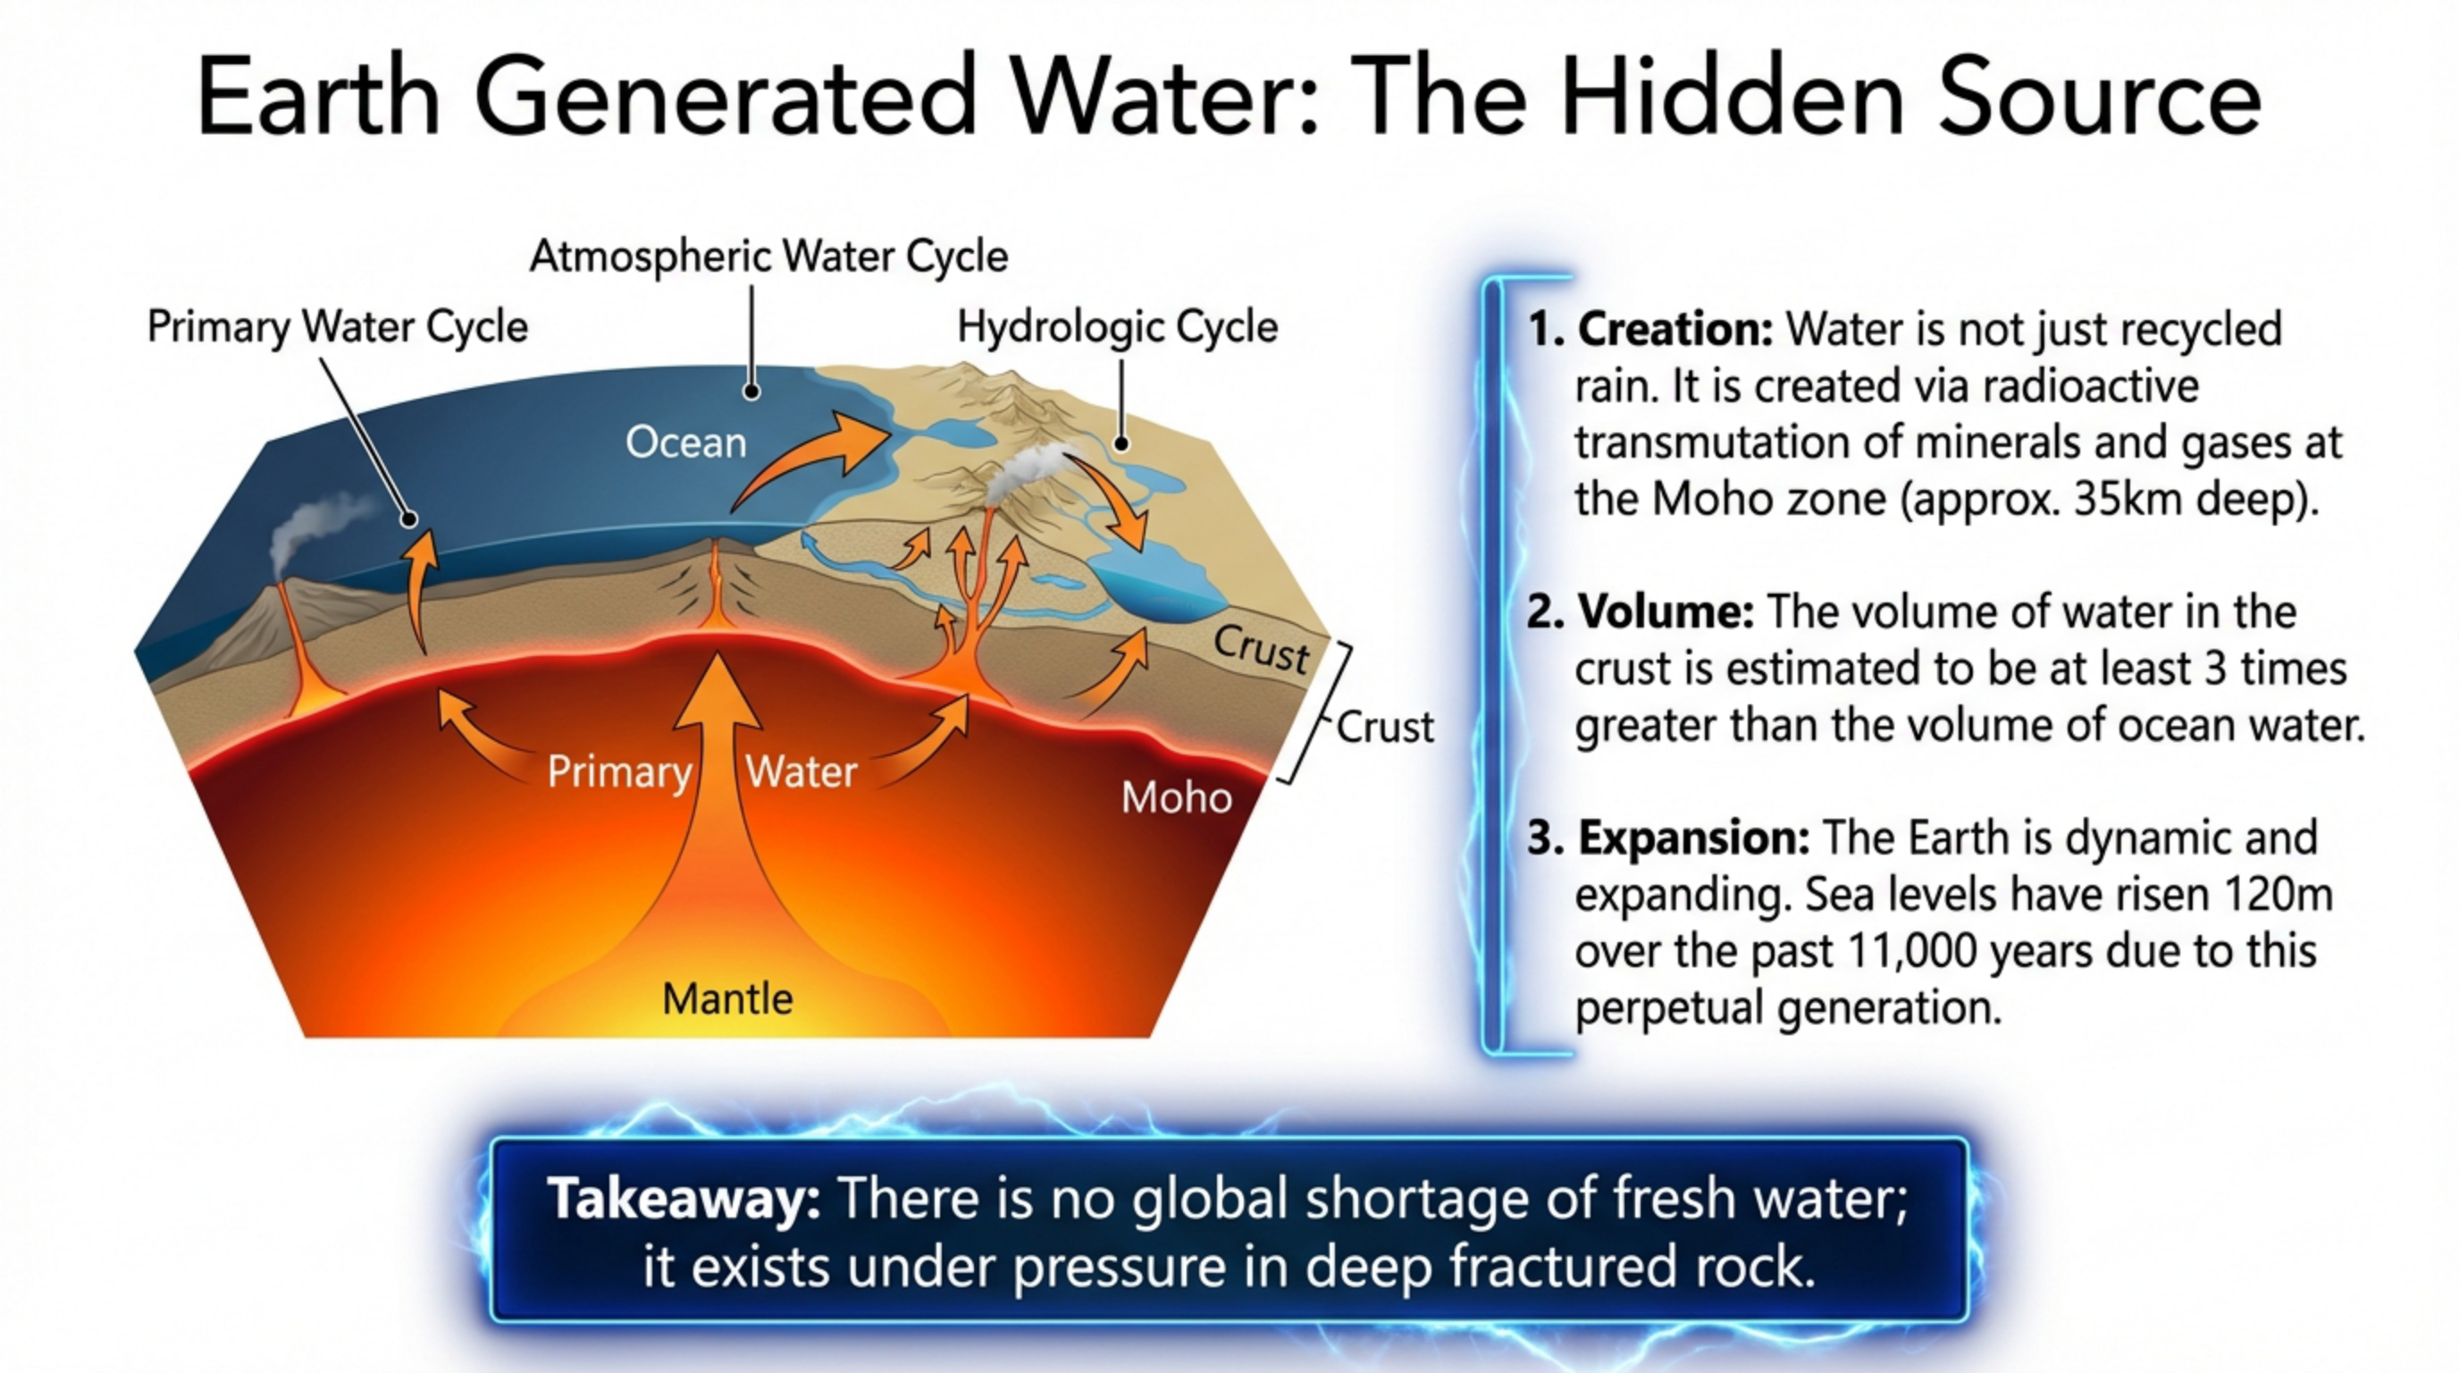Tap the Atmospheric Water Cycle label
click(768, 256)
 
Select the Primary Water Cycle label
click(337, 326)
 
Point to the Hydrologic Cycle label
click(1117, 326)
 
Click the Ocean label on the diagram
click(685, 443)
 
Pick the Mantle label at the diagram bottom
click(727, 998)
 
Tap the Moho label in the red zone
click(1176, 797)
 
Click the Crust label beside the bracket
click(1384, 728)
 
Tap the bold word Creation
click(1674, 330)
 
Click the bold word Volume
click(1666, 612)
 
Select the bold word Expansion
click(1693, 838)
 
